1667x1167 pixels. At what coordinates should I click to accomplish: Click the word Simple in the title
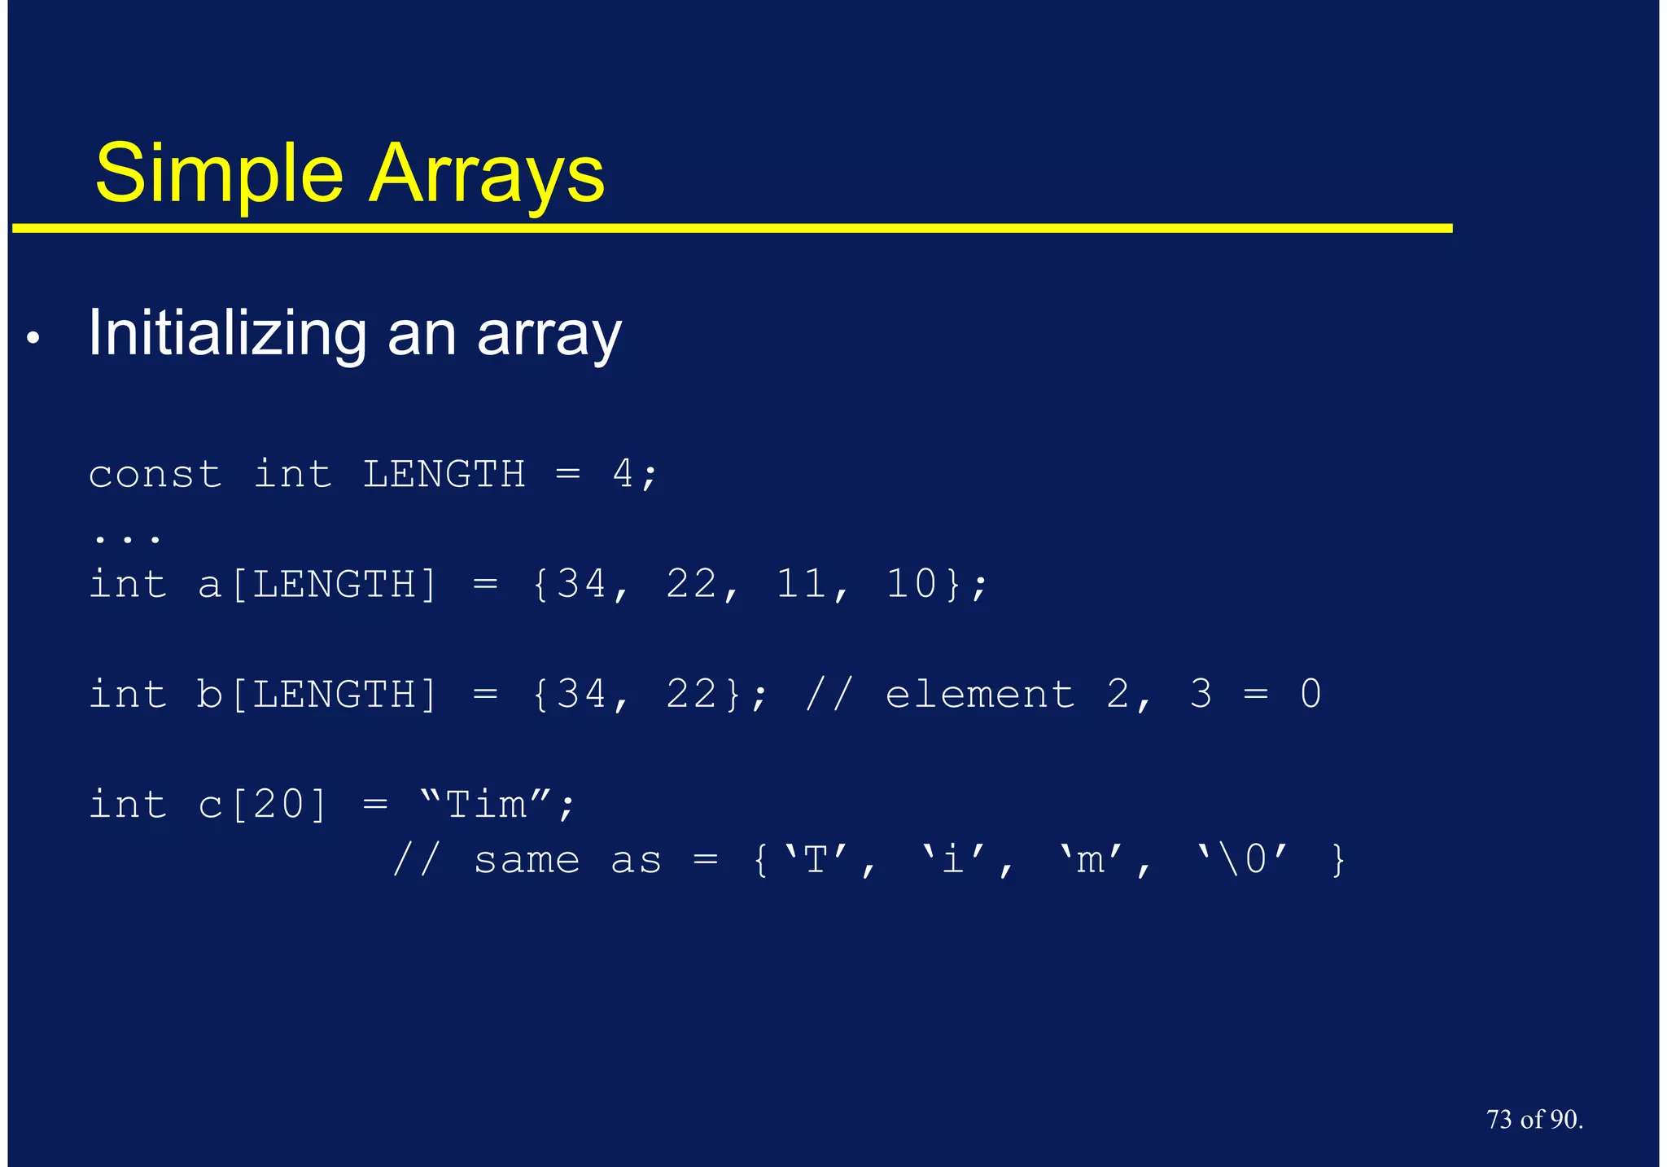(x=219, y=174)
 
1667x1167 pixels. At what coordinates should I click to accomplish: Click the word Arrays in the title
(x=487, y=174)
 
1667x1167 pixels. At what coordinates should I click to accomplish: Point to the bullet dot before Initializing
(x=33, y=338)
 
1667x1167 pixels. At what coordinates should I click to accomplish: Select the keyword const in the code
(x=155, y=475)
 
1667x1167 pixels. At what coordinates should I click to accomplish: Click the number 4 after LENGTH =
(x=623, y=474)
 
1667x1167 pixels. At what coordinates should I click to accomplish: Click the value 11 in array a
(x=803, y=584)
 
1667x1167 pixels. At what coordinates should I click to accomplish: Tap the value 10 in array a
(x=912, y=584)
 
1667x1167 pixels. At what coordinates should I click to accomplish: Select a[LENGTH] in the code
(x=318, y=585)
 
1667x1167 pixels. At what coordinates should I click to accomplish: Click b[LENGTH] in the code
(x=318, y=695)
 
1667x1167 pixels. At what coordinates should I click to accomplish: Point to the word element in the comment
(x=980, y=695)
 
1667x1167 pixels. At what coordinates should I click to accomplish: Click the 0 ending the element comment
(x=1310, y=694)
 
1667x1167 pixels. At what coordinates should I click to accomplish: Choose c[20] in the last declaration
(x=263, y=805)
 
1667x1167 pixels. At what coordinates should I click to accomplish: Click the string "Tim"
(x=487, y=805)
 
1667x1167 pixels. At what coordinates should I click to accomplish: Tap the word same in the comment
(x=527, y=860)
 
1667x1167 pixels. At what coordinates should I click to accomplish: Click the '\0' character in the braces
(x=1243, y=859)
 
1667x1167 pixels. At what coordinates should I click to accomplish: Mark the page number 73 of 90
(x=1534, y=1120)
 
